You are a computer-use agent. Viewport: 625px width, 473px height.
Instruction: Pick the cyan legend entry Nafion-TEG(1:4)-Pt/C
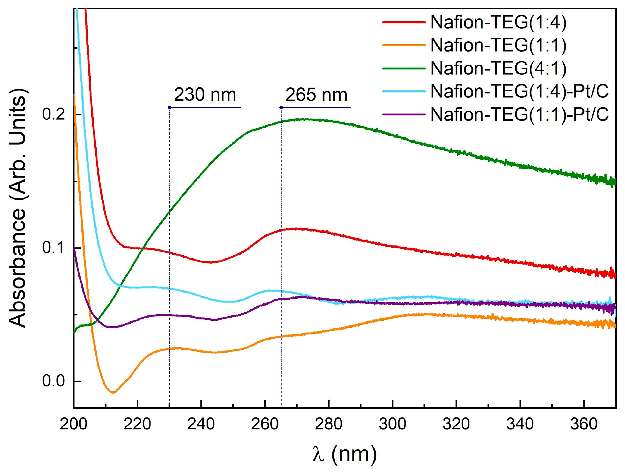click(x=519, y=92)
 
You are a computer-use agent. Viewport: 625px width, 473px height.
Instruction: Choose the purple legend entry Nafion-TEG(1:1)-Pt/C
click(x=519, y=115)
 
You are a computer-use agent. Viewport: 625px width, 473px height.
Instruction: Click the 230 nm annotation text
click(x=205, y=95)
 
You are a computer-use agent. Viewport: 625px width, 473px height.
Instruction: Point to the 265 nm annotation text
click(x=316, y=95)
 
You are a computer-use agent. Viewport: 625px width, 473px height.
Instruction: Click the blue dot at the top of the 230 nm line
click(x=169, y=107)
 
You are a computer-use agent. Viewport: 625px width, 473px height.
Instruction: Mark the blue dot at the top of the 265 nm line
click(x=281, y=107)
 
